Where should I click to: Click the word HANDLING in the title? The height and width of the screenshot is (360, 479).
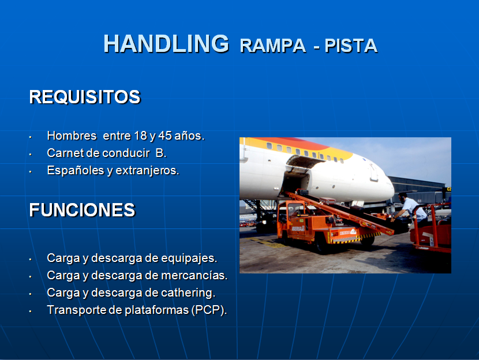point(166,43)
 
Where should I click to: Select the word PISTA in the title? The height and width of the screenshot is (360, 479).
point(351,46)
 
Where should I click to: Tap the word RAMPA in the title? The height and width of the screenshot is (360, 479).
point(273,46)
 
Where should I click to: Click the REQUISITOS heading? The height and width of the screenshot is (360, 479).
point(85,97)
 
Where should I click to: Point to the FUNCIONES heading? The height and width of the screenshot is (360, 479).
point(82,210)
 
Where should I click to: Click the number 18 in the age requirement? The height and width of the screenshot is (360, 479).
point(140,136)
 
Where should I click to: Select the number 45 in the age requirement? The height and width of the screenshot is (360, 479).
point(165,136)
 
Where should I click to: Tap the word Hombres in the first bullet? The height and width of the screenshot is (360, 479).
point(72,136)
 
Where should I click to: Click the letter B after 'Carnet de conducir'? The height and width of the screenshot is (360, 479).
point(160,153)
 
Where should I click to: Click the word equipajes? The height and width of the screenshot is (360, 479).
point(189,258)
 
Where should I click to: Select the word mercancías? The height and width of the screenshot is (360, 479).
point(194,275)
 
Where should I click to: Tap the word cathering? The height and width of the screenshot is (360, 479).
point(188,293)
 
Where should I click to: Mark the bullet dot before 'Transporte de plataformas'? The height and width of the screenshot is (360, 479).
point(30,312)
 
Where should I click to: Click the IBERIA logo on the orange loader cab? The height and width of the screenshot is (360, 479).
point(298,228)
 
